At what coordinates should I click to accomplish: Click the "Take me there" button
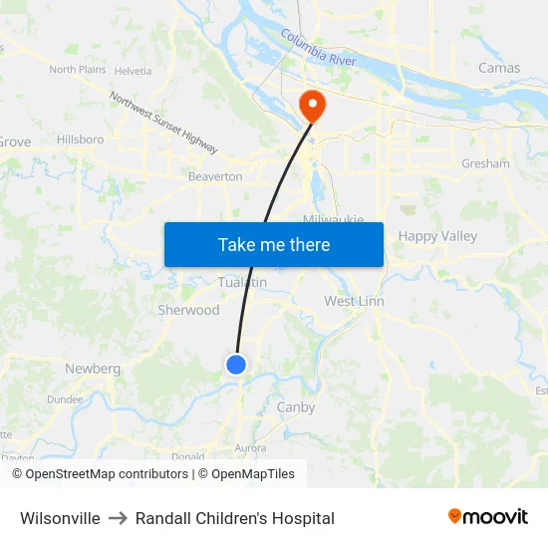click(273, 244)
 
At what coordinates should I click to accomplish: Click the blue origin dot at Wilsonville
click(236, 365)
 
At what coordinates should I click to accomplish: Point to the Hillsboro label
click(80, 139)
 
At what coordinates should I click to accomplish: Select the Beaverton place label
click(215, 176)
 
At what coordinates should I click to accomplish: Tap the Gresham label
click(485, 163)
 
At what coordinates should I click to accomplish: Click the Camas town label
click(499, 68)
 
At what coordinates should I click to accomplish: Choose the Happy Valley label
click(437, 236)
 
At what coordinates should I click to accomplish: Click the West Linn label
click(354, 301)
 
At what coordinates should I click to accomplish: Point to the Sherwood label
click(188, 310)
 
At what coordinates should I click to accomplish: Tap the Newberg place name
click(93, 369)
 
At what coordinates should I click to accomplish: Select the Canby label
click(296, 407)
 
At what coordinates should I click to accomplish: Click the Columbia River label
click(318, 47)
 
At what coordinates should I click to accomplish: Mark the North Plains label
click(77, 70)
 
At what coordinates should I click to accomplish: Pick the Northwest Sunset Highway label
click(163, 123)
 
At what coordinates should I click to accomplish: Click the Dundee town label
click(65, 399)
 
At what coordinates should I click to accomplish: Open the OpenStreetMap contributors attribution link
click(107, 474)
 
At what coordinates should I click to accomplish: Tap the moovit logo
click(488, 517)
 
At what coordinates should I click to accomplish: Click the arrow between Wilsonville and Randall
click(118, 518)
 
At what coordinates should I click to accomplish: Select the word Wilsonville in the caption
click(60, 518)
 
